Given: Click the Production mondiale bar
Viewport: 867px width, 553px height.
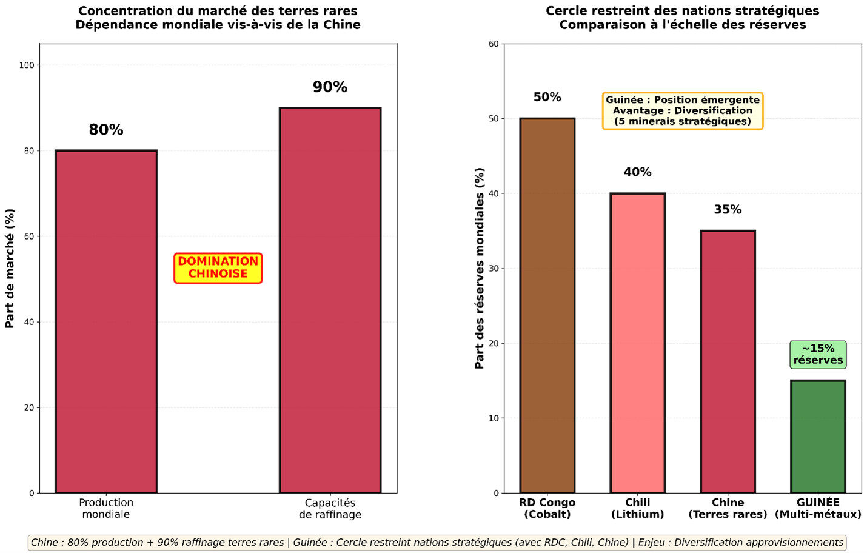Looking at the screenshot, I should pos(106,321).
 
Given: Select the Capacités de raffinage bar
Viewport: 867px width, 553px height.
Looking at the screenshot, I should pos(330,300).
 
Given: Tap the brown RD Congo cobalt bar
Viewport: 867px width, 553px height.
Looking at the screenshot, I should pos(547,306).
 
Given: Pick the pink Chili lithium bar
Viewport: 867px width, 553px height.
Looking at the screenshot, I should pos(637,343).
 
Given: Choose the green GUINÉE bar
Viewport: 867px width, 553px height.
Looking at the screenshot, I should pos(818,437).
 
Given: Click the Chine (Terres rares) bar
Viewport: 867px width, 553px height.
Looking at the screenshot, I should pos(728,362).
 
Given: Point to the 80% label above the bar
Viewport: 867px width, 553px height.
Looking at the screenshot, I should pos(106,130).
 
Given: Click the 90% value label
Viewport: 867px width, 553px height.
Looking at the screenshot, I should pos(330,87).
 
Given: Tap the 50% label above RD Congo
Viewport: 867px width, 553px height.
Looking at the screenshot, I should pos(547,97).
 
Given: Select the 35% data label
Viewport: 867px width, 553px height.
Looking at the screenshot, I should pos(728,210).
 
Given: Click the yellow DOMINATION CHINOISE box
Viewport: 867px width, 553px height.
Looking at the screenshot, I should pos(218,268).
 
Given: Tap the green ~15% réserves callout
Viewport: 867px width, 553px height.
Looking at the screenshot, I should pos(818,355).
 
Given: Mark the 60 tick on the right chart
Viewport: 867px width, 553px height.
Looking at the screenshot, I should pos(494,44).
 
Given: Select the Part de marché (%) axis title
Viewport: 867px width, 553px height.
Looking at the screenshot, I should pos(10,269).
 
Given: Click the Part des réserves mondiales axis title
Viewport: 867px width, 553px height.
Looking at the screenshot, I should pos(480,269).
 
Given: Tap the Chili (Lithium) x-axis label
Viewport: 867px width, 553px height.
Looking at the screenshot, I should pos(637,508).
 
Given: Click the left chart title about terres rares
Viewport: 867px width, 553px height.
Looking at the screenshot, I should pos(218,18).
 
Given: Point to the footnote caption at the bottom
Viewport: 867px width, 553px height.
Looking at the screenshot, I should pos(437,542).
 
